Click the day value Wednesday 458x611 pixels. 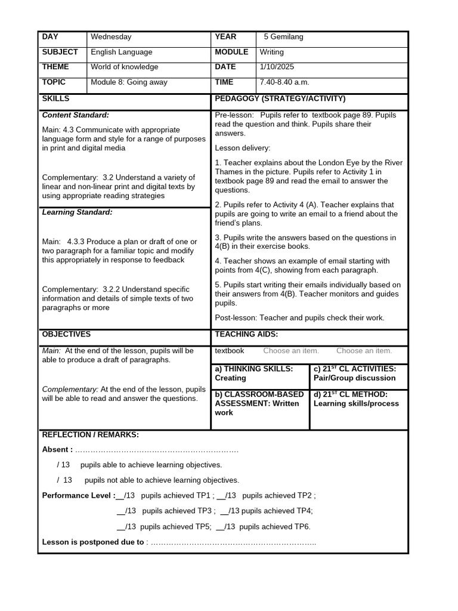click(x=111, y=37)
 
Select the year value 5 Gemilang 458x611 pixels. click(x=283, y=37)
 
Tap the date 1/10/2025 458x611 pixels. click(x=277, y=67)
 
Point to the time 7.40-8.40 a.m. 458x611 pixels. click(x=284, y=82)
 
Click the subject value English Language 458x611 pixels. click(x=121, y=52)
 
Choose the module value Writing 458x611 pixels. click(x=271, y=52)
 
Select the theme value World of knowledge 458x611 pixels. click(x=124, y=67)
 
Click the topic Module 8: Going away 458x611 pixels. click(x=129, y=82)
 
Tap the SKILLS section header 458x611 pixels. click(x=55, y=98)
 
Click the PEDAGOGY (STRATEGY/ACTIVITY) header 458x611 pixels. click(x=280, y=98)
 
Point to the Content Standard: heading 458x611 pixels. click(x=75, y=115)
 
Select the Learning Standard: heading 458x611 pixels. click(x=77, y=212)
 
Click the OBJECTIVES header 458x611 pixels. click(x=66, y=335)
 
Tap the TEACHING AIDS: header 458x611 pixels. click(x=246, y=335)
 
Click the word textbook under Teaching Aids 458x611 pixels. click(x=230, y=351)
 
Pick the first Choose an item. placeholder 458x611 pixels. click(x=291, y=351)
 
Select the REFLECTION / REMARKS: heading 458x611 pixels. click(x=90, y=434)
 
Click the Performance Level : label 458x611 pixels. click(x=79, y=496)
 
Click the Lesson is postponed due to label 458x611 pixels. click(x=93, y=542)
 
